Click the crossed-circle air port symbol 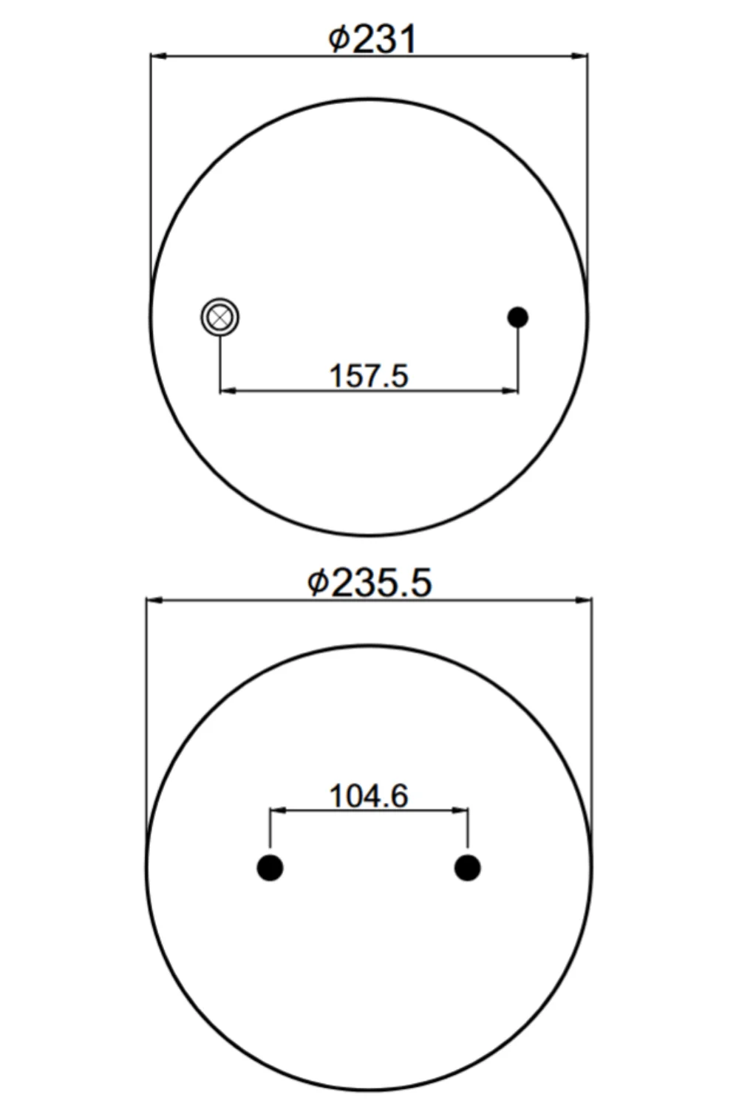tap(219, 317)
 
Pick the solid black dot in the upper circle tap(518, 317)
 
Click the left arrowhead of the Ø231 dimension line tap(158, 56)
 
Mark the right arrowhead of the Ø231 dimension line tap(579, 56)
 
